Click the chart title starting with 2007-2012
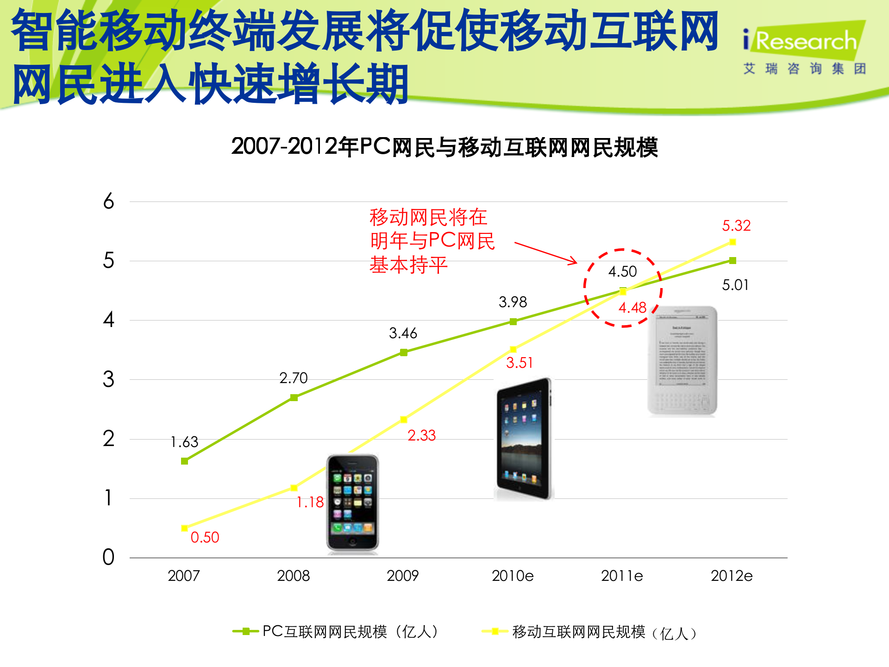point(444,147)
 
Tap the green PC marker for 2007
point(184,461)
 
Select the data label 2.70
point(294,378)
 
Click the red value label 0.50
point(205,537)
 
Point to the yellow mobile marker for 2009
point(403,420)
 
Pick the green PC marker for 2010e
point(513,321)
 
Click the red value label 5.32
point(736,226)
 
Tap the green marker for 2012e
point(732,261)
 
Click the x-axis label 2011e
point(622,576)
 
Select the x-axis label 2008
point(293,576)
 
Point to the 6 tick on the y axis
point(108,201)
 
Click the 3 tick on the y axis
point(108,379)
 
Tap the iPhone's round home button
point(353,542)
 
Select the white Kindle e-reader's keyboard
point(682,401)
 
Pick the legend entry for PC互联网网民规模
point(336,631)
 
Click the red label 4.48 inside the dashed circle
point(632,308)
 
